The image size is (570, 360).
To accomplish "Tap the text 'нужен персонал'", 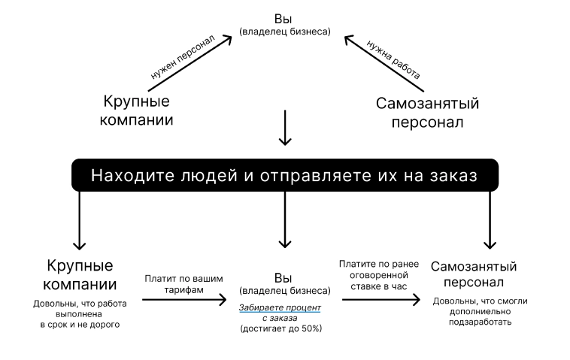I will (x=183, y=59).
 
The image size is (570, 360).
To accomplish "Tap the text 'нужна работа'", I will (x=393, y=60).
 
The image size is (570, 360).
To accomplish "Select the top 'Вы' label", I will (x=284, y=18).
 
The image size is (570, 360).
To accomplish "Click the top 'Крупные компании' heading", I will (x=137, y=110).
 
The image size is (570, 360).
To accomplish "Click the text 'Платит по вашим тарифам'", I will (x=183, y=284).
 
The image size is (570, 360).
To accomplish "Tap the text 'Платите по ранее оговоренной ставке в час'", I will (x=381, y=275).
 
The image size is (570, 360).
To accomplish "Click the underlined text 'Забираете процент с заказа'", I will (x=280, y=313).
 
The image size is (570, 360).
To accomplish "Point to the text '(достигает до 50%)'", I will (x=280, y=328).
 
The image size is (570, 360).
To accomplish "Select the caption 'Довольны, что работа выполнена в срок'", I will (x=80, y=314).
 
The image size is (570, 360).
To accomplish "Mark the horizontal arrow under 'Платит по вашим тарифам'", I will (x=183, y=300).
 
